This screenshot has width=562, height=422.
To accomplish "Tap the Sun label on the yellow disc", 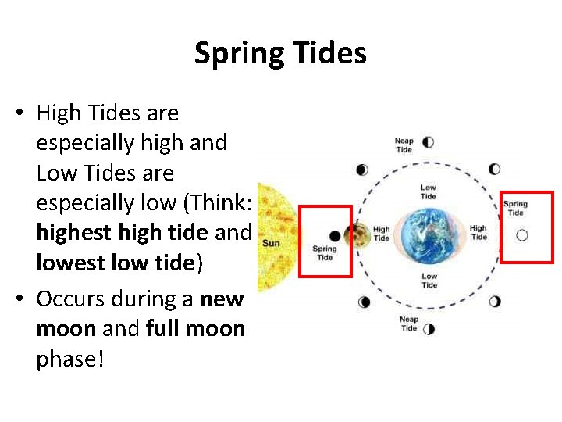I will pyautogui.click(x=271, y=243).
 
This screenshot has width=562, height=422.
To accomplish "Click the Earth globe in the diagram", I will pyautogui.click(x=429, y=232).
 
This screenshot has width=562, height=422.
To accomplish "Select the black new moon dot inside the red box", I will pyautogui.click(x=335, y=236).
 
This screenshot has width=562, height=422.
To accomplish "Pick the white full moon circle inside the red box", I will pyautogui.click(x=522, y=234).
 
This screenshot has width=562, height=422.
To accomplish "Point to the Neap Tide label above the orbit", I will pyautogui.click(x=404, y=145).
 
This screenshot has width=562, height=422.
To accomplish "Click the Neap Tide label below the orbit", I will pyautogui.click(x=409, y=324).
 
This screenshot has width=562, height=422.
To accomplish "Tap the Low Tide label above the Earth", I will pyautogui.click(x=429, y=191).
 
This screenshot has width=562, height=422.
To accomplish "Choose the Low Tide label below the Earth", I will pyautogui.click(x=429, y=281).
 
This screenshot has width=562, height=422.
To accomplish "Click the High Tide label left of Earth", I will pyautogui.click(x=381, y=234).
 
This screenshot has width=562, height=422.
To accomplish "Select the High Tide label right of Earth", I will pyautogui.click(x=478, y=232).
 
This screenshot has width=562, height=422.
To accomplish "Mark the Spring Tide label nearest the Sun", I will pyautogui.click(x=325, y=253).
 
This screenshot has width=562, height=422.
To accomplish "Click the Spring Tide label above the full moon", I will pyautogui.click(x=515, y=208).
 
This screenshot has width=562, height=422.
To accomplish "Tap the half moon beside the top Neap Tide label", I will pyautogui.click(x=427, y=142).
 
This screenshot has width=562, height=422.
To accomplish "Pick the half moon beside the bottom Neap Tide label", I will pyautogui.click(x=428, y=328).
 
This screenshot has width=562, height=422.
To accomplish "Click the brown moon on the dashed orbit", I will pyautogui.click(x=359, y=233).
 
